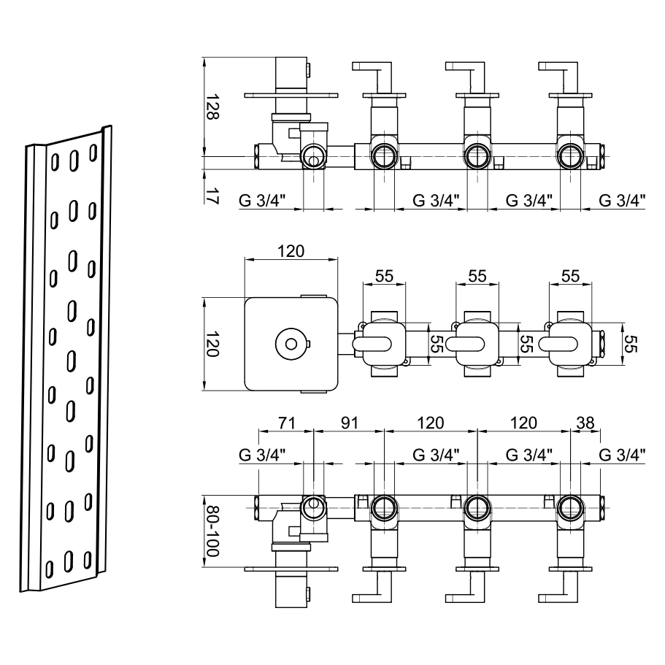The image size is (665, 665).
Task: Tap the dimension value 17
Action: tap(212, 196)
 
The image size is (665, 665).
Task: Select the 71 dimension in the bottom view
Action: tap(286, 423)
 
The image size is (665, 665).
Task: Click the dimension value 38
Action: tap(585, 423)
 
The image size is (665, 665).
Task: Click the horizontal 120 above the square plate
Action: tap(291, 252)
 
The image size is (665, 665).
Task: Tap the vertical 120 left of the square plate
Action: tap(212, 343)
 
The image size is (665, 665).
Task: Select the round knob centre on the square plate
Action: tap(291, 343)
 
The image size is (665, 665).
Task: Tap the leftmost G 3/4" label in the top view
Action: tap(262, 199)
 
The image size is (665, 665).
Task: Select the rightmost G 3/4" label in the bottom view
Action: tap(622, 455)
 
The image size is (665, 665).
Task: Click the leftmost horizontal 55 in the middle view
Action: tap(385, 276)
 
